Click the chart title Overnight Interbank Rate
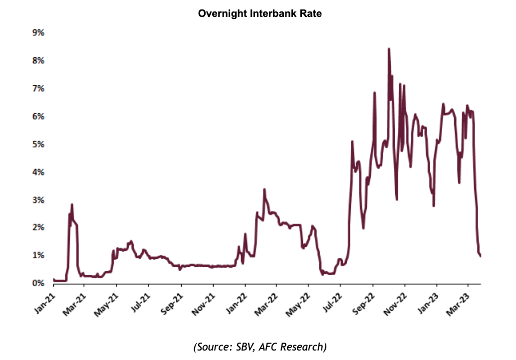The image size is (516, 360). tap(259, 14)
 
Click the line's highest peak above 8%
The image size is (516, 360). tap(389, 49)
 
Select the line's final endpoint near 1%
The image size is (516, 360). tap(481, 256)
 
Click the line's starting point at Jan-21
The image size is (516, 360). tap(53, 279)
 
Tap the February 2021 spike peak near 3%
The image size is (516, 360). tap(72, 204)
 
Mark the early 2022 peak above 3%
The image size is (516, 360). tap(264, 189)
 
